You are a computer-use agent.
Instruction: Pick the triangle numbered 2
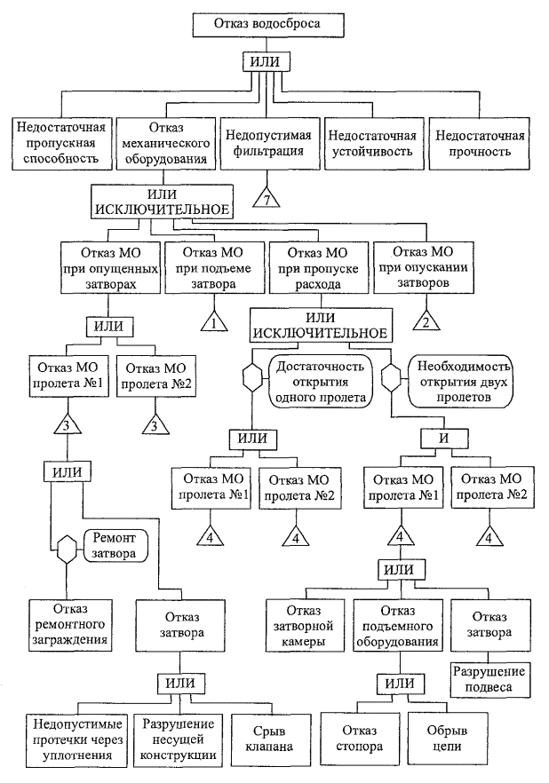(x=425, y=321)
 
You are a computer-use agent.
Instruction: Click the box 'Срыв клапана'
(x=265, y=738)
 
